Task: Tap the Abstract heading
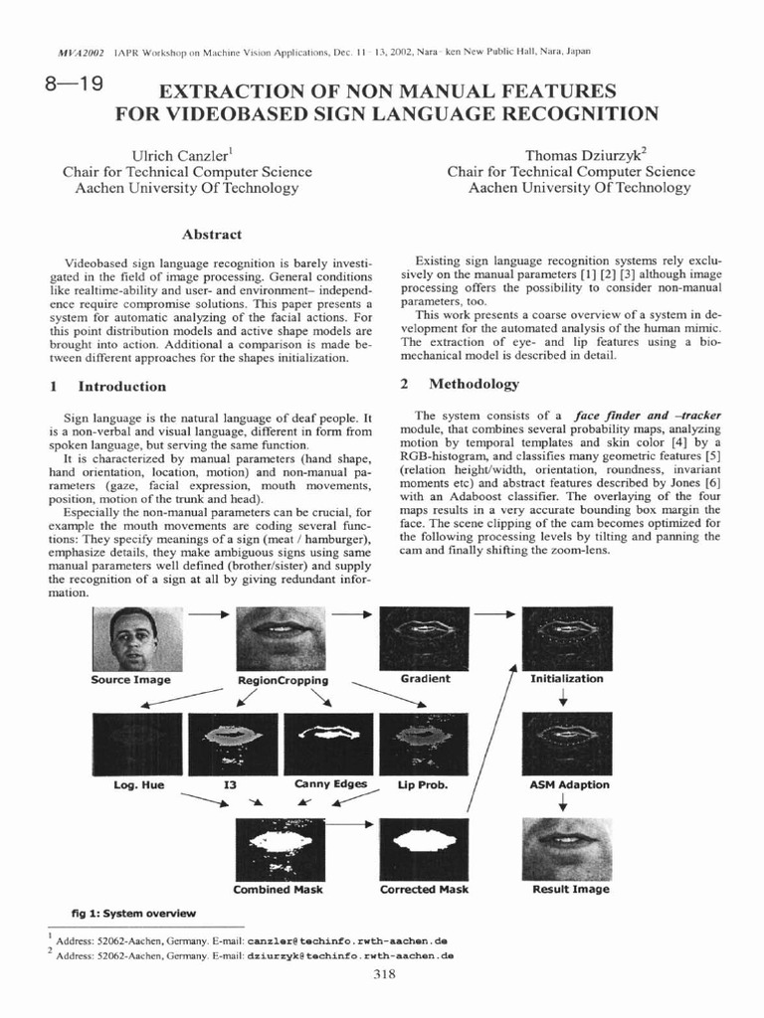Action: coord(212,235)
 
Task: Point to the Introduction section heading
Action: coord(122,386)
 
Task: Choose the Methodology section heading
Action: coord(473,384)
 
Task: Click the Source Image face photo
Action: coord(131,638)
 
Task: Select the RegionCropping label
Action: coord(284,680)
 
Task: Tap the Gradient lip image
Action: coord(425,638)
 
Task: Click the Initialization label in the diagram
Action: coord(566,678)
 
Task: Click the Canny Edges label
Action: coord(331,784)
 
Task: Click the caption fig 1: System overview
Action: coord(132,913)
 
